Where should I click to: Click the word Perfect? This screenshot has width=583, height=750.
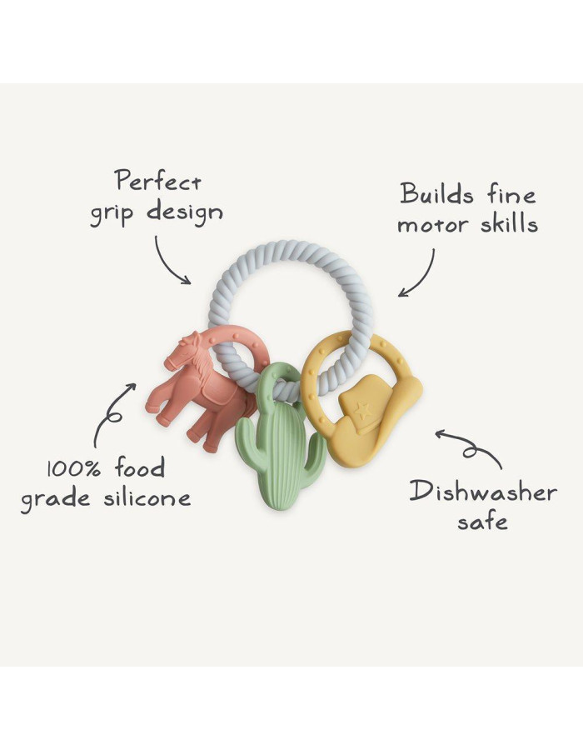(x=158, y=181)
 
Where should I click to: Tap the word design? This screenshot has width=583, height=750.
(x=184, y=212)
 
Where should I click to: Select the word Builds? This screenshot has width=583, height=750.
(x=436, y=193)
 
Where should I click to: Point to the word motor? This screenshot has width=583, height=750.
(x=433, y=225)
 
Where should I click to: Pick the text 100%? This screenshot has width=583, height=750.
(x=73, y=467)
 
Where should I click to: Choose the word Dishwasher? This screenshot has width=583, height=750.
(x=483, y=492)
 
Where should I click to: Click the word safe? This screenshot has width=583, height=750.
(x=482, y=520)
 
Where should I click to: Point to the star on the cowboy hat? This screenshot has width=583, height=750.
(x=362, y=410)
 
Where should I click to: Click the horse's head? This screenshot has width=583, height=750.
(x=182, y=352)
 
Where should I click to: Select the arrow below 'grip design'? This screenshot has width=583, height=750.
(x=168, y=263)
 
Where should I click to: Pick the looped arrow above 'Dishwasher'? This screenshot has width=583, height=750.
(x=471, y=447)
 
